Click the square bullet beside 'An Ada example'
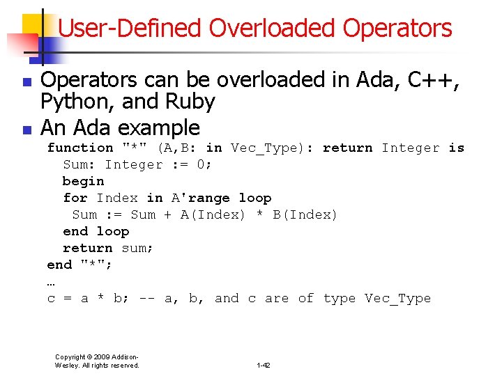coord(26,130)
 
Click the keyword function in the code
coord(79,148)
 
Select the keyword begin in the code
coord(83,181)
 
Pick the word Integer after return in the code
coord(411,148)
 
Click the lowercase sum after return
coord(137,248)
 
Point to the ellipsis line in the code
coord(51,282)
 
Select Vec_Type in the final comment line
coord(397,298)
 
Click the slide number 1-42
coord(264,366)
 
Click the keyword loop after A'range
coord(255,198)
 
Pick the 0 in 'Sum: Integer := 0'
coord(204,164)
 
